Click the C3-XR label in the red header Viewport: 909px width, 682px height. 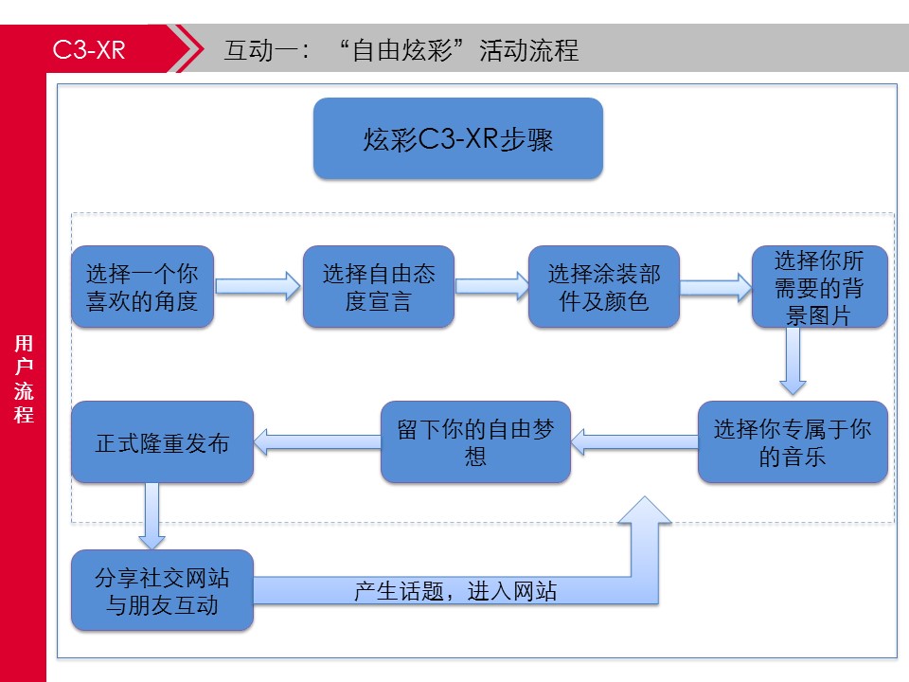(x=89, y=50)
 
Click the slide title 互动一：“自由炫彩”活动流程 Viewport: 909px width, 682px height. (x=401, y=50)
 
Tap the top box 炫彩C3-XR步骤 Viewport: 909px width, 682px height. (x=458, y=138)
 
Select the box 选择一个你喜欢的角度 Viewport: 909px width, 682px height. (x=143, y=286)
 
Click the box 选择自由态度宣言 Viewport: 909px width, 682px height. (x=379, y=286)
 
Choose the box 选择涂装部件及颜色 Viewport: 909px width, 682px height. (x=603, y=286)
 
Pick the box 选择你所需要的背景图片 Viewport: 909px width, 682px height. (x=820, y=286)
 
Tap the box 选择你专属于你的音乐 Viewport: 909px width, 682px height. (x=793, y=442)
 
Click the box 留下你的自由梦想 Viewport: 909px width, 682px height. (x=475, y=442)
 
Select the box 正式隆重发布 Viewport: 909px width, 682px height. (x=162, y=442)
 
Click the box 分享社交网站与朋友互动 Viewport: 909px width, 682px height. (x=162, y=590)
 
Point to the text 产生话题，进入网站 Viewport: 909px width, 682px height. (x=455, y=591)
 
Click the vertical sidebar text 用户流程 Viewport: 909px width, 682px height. (x=24, y=379)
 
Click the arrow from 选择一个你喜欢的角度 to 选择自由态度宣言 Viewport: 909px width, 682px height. (x=258, y=286)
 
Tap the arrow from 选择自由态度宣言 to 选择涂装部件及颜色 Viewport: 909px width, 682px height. (x=491, y=286)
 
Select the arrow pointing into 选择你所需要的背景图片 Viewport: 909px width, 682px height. (x=716, y=286)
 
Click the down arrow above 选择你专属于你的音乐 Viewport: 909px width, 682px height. (x=793, y=361)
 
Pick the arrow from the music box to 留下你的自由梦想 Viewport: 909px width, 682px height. (x=634, y=442)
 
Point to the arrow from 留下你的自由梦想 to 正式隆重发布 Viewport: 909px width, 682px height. (x=317, y=442)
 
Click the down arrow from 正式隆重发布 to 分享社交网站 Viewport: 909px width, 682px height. (x=151, y=516)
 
